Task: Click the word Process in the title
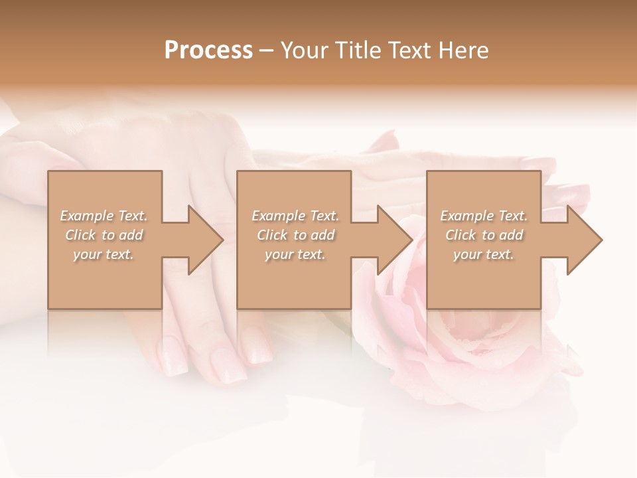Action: coord(208,50)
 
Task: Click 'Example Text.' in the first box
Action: coord(104,216)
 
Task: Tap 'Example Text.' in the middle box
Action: coord(295,216)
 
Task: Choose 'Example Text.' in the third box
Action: coord(484,216)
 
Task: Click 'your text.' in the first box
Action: coord(104,254)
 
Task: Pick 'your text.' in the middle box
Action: coord(295,254)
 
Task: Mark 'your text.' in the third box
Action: coord(483,254)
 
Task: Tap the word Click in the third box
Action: coord(461,235)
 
